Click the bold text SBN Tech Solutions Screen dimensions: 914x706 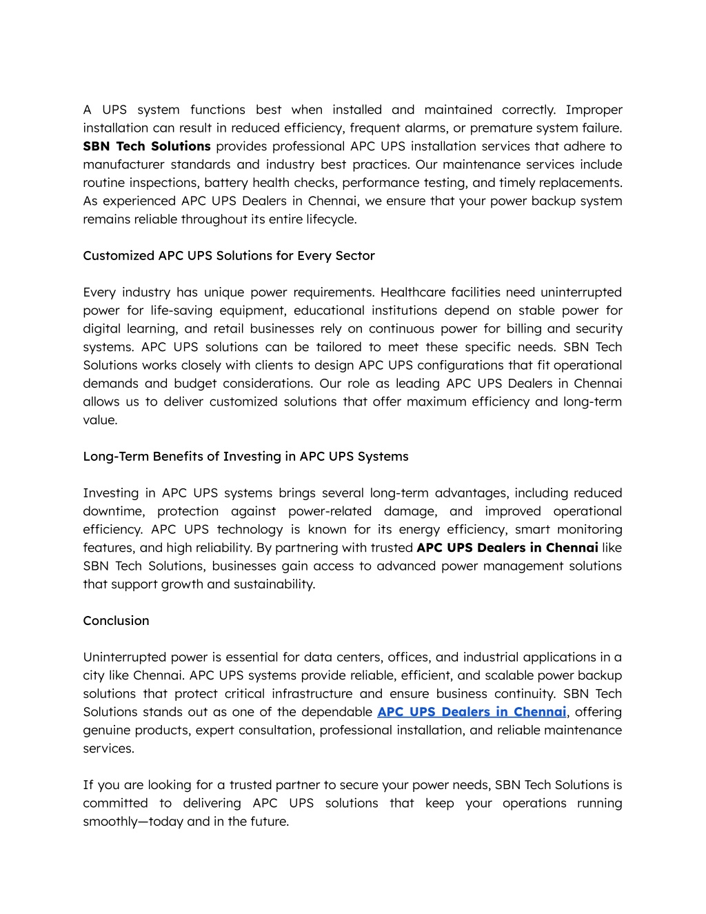pos(146,146)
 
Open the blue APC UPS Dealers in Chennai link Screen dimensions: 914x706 pos(472,712)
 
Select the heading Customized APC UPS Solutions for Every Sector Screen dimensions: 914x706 pos(229,256)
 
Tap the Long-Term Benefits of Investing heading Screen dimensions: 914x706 pos(245,457)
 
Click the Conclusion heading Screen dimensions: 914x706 pos(116,621)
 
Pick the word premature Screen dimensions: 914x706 pos(499,128)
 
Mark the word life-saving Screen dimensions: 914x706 pos(182,310)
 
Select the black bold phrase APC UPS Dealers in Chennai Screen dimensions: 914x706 pos(507,548)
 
